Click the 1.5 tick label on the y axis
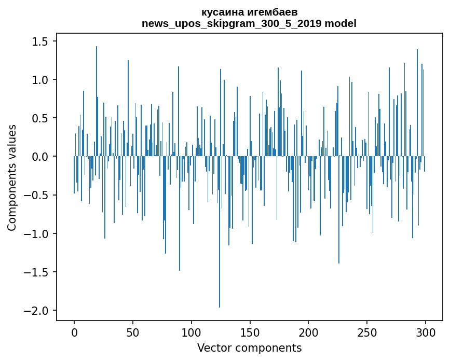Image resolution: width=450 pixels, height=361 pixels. [42, 41]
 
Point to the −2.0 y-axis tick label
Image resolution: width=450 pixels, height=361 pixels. [39, 311]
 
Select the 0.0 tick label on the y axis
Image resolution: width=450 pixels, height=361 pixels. [42, 157]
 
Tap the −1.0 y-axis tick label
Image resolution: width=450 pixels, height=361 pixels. [39, 234]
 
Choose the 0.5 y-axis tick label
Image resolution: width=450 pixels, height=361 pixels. [42, 118]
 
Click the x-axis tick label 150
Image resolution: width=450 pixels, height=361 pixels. [250, 332]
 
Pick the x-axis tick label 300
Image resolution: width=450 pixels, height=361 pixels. [426, 332]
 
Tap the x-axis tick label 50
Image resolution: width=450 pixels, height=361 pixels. [133, 332]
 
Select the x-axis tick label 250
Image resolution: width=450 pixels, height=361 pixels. [367, 332]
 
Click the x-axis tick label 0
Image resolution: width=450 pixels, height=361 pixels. [74, 332]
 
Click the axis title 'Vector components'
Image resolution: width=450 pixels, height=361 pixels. [249, 348]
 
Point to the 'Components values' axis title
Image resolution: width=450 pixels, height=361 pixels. [12, 177]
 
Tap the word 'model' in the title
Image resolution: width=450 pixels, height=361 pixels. [340, 23]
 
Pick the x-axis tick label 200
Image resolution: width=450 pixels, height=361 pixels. [308, 332]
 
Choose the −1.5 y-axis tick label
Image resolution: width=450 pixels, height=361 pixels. [39, 272]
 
